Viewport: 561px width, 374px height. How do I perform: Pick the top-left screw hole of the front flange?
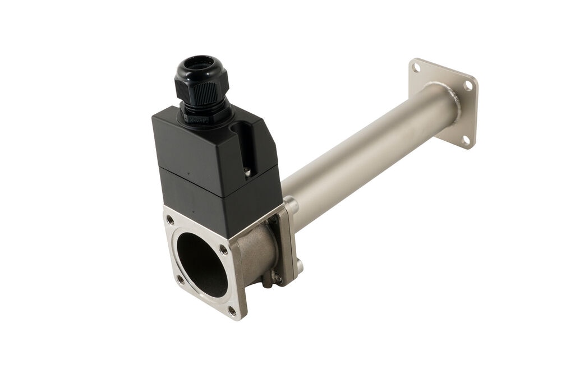[x=170, y=220]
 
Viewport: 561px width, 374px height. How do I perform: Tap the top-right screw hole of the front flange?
[x=223, y=250]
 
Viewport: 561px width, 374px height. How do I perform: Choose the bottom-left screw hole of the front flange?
[x=180, y=278]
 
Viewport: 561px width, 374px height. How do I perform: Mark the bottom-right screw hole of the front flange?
[x=232, y=310]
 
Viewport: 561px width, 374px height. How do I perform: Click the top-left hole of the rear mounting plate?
[x=416, y=67]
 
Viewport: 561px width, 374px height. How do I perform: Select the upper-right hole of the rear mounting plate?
[x=468, y=86]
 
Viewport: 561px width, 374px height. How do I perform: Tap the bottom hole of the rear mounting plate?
[x=465, y=139]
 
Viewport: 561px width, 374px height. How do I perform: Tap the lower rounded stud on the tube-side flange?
[x=300, y=266]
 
